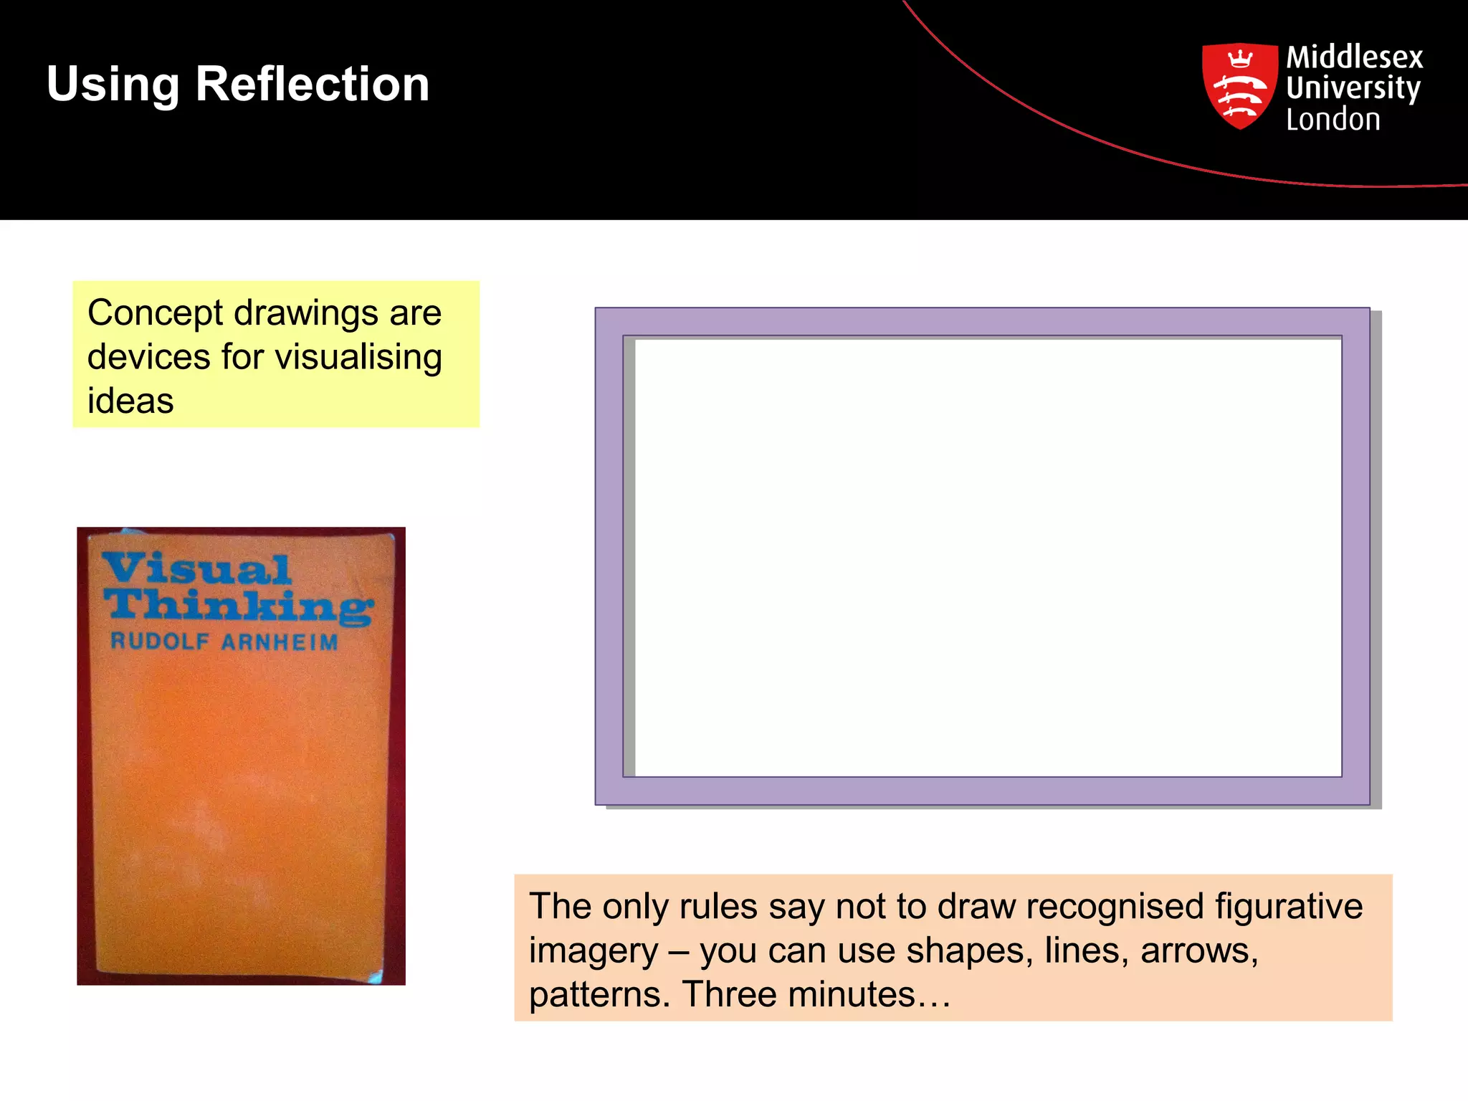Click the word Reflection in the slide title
[x=313, y=84]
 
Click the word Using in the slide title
[x=113, y=85]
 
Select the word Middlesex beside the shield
[x=1354, y=57]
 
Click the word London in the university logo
[x=1333, y=119]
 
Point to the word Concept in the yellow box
[x=156, y=313]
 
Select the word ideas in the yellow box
[x=130, y=401]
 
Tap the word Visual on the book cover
[x=196, y=569]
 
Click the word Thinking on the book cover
[x=238, y=606]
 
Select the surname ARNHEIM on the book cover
[x=280, y=642]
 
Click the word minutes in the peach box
[x=851, y=994]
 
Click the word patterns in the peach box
[x=594, y=996]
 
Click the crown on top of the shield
[x=1239, y=58]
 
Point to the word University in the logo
[x=1353, y=88]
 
